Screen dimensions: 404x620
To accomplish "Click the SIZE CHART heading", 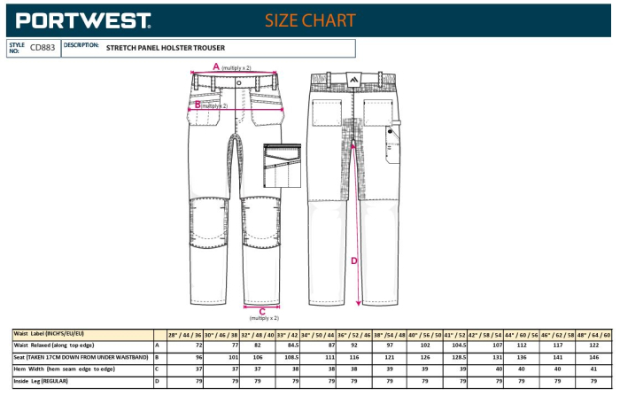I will tap(310, 19).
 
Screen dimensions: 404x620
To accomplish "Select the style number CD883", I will tap(43, 48).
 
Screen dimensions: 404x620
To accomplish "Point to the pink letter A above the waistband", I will tap(215, 66).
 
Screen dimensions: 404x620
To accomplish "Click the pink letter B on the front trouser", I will tap(198, 104).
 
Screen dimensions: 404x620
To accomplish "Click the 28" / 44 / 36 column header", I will tap(184, 335).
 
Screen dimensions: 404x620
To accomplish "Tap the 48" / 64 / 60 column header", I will tap(593, 335).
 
